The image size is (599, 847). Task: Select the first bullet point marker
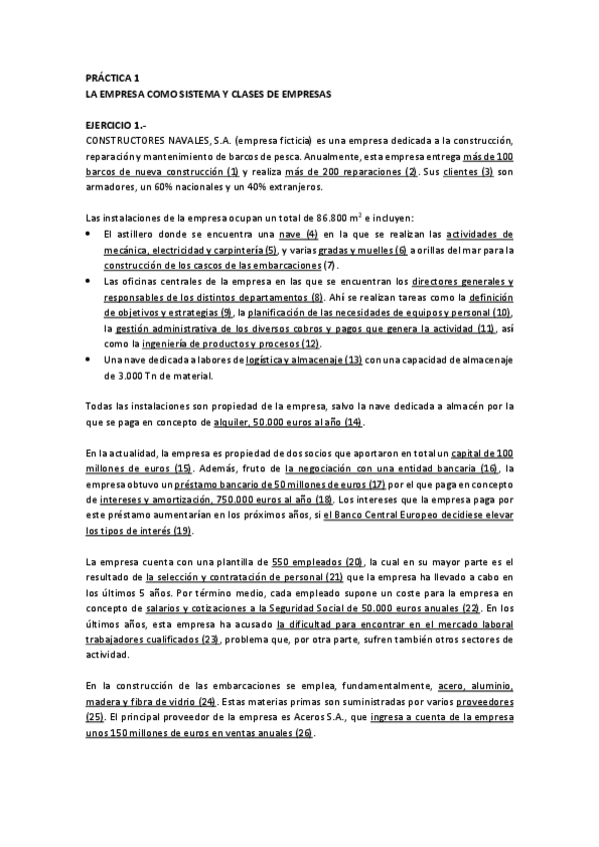pos(91,233)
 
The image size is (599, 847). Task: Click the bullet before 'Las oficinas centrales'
pos(91,282)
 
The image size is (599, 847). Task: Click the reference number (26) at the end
pos(302,734)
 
